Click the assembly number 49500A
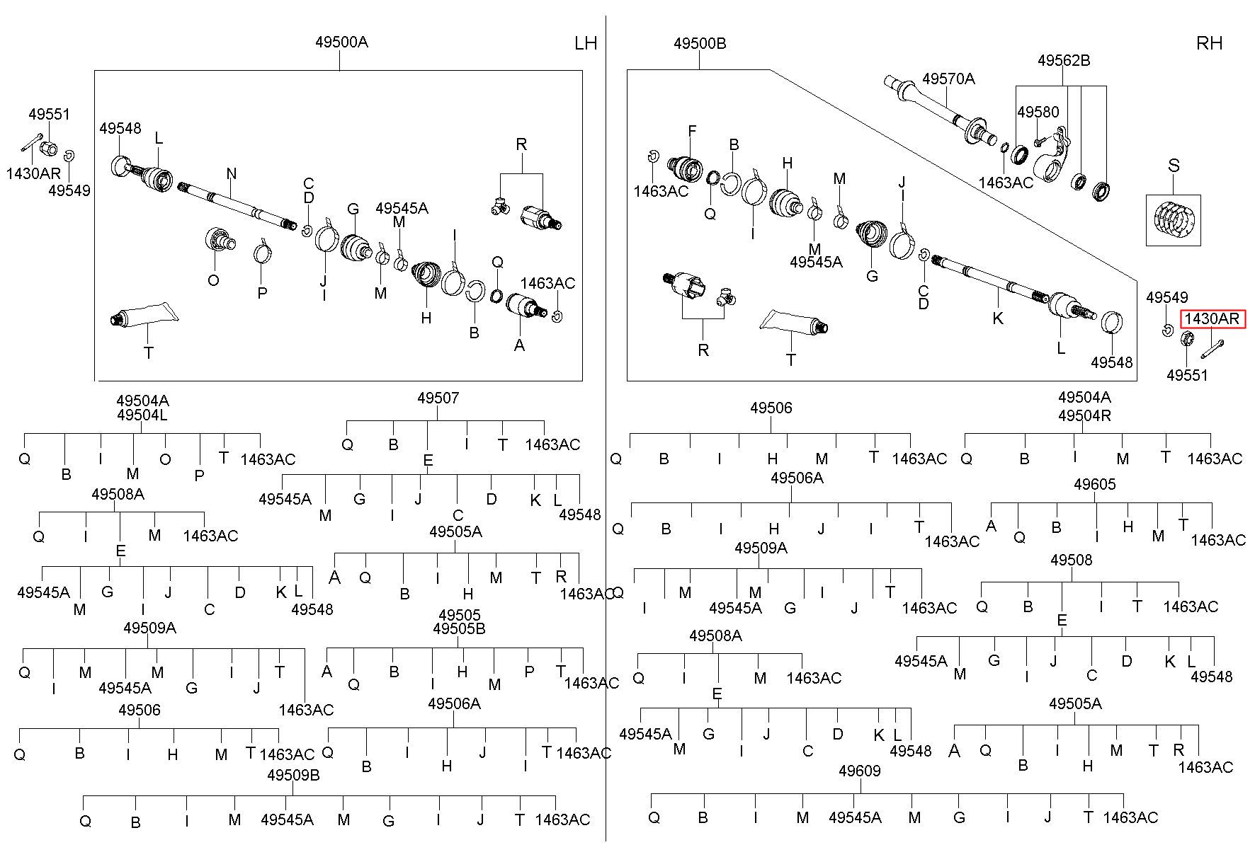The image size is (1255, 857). pos(341,42)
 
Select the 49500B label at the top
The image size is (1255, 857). pos(700,43)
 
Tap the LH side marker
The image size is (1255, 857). pos(586,43)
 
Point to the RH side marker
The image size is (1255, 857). pos(1209,43)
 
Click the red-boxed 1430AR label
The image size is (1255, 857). pos(1213,319)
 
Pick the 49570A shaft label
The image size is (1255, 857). pos(948,79)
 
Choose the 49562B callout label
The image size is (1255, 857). pos(1064,60)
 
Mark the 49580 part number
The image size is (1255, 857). pos(1038,112)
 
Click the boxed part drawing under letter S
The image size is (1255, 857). pos(1174,220)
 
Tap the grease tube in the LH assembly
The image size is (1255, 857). pos(142,315)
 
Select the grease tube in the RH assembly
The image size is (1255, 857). pos(793,323)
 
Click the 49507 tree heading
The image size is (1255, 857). pos(438,398)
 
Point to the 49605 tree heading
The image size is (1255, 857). pos(1094,484)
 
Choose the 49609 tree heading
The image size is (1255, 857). pos(859,771)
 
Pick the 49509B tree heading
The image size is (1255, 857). pos(293,775)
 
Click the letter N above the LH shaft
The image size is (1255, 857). pos(231,174)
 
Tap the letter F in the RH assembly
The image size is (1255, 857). pos(692,131)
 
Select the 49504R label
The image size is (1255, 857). pos(1084,415)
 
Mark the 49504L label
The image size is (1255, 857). pos(142,415)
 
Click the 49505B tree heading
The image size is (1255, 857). pos(459,628)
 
